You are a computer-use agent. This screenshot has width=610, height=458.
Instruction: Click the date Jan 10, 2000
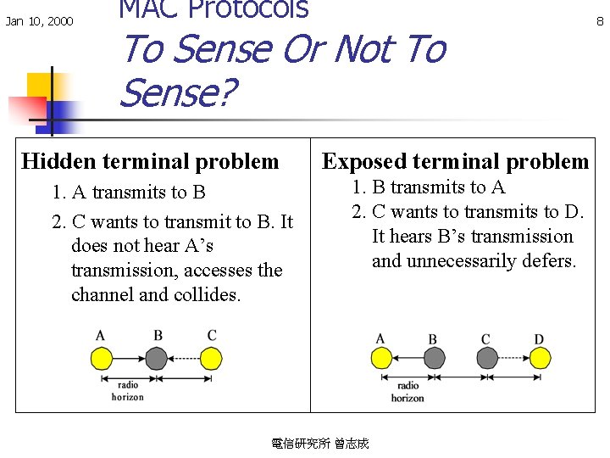(39, 21)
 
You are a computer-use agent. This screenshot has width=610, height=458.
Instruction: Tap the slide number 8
(600, 21)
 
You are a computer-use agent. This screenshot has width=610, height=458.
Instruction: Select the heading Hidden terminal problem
(150, 161)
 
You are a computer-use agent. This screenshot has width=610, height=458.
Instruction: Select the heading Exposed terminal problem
(455, 161)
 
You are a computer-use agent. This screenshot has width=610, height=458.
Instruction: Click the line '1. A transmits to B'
(129, 193)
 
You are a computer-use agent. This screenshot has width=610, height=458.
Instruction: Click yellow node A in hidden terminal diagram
(102, 359)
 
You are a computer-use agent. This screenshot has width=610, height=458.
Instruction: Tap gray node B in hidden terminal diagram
(158, 359)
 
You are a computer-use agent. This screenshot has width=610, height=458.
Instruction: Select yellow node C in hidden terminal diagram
(212, 359)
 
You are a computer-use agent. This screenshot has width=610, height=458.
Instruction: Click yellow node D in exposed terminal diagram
(539, 359)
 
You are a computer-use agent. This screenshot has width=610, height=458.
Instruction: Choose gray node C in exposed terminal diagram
(485, 359)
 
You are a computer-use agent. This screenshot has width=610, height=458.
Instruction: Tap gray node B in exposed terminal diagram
(433, 359)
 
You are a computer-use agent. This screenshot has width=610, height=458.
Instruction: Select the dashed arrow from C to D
(512, 359)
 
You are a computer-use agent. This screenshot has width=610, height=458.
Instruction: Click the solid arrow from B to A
(407, 359)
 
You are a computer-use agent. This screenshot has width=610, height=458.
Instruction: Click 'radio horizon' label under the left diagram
(128, 391)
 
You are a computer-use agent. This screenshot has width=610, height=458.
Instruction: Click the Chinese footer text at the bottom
(319, 444)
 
